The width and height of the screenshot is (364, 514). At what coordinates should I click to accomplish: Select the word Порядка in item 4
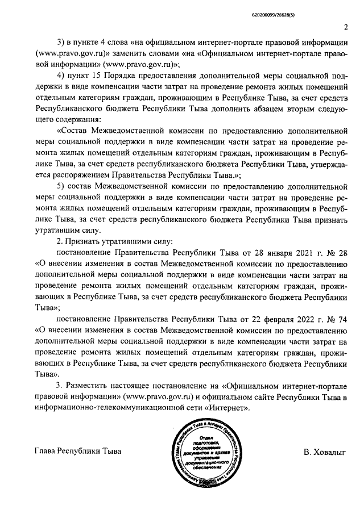pos(126,77)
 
